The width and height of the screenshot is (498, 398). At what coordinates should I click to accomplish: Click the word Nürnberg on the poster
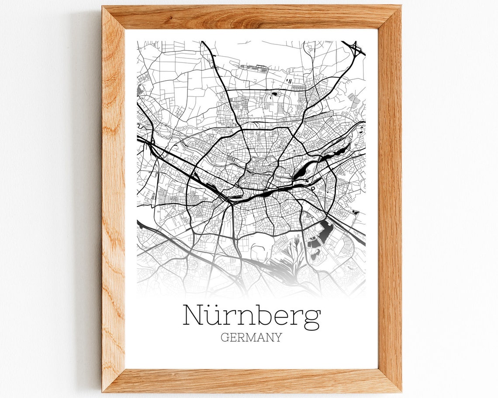[x=251, y=316]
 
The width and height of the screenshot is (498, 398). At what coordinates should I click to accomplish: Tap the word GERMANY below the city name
[x=251, y=337]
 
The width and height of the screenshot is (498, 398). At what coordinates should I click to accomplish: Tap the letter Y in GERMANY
[x=278, y=337]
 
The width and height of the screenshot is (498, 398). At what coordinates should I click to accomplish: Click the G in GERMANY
[x=225, y=337]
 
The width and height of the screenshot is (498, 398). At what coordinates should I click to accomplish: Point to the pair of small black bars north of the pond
[x=288, y=80]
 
